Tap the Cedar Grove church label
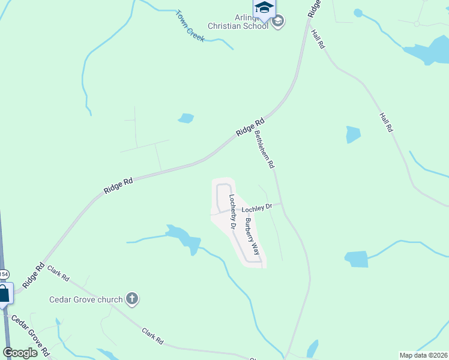click(86, 299)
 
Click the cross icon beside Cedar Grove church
click(132, 298)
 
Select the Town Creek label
click(190, 26)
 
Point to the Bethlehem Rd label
click(264, 149)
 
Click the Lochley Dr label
click(257, 208)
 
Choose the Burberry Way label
click(252, 236)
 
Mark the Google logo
click(20, 353)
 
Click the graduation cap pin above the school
click(264, 8)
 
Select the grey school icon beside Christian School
click(278, 22)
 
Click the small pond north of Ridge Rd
click(186, 118)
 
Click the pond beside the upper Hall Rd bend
click(430, 53)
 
